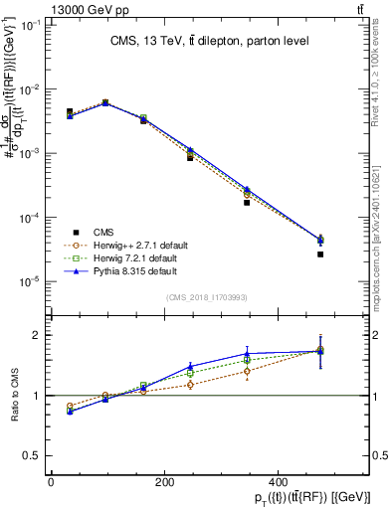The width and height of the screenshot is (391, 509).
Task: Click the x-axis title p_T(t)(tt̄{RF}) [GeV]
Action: click(299, 498)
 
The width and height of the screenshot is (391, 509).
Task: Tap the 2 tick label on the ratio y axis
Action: click(35, 336)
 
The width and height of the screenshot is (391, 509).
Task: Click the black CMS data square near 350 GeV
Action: click(247, 202)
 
